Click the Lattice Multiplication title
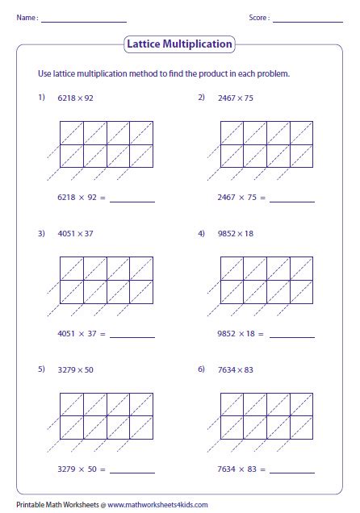click(x=179, y=44)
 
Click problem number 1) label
click(x=41, y=98)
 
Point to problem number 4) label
click(x=202, y=233)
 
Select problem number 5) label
click(x=41, y=369)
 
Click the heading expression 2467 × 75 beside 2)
click(x=236, y=98)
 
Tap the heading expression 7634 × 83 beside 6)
click(x=236, y=369)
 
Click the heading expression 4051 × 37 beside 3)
click(x=76, y=233)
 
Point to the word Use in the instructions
click(x=44, y=74)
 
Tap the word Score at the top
click(x=258, y=17)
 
